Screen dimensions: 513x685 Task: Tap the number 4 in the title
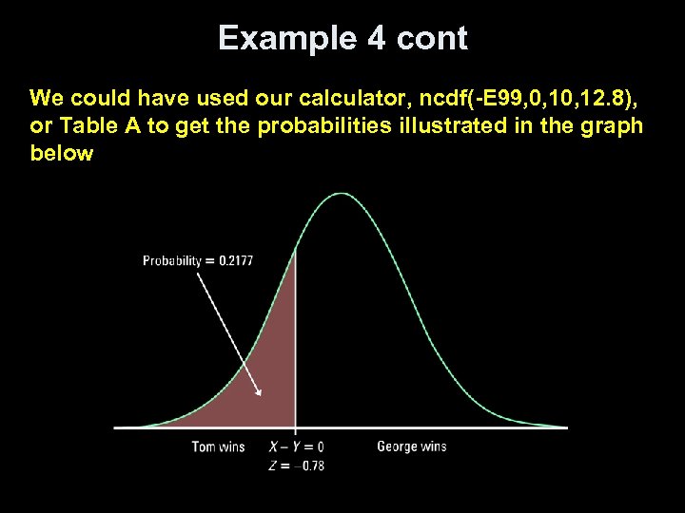(x=372, y=39)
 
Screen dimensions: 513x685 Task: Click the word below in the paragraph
(x=62, y=153)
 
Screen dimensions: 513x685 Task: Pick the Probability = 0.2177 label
(x=198, y=260)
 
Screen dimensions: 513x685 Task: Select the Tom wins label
(x=218, y=446)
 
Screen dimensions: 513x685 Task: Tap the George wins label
(x=411, y=446)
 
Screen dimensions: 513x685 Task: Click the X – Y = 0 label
(x=296, y=446)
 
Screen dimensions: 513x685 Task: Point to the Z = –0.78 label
(x=296, y=465)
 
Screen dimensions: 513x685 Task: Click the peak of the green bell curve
(x=341, y=195)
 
